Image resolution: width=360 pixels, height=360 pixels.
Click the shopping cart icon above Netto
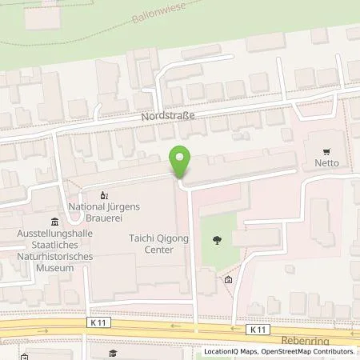click(326, 150)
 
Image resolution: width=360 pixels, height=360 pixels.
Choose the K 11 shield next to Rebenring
click(257, 329)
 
